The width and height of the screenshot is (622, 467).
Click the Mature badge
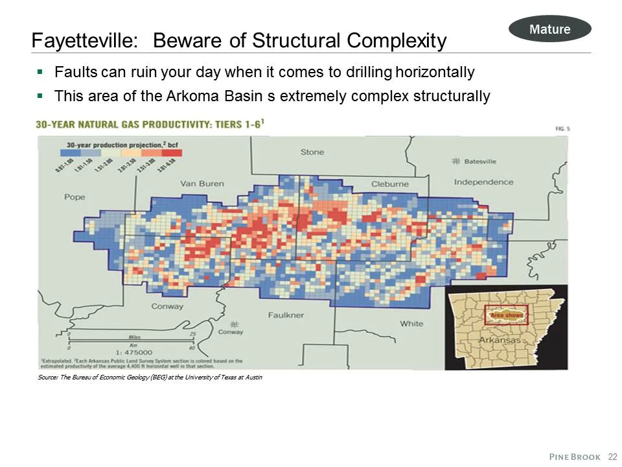coord(549,29)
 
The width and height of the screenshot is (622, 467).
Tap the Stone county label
coord(312,152)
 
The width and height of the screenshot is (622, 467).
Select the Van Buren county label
coord(202,184)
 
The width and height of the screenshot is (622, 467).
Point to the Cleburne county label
coord(390,184)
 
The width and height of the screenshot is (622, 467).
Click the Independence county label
coord(483,182)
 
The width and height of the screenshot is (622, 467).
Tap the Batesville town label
coord(480,161)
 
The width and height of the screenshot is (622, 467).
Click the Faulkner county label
coord(286,315)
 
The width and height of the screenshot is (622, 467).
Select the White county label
coord(411,324)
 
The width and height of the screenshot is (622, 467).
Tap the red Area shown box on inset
coord(507,315)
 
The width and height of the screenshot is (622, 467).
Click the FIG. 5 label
coord(562,129)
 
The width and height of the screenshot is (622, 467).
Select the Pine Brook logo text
coord(575,457)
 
